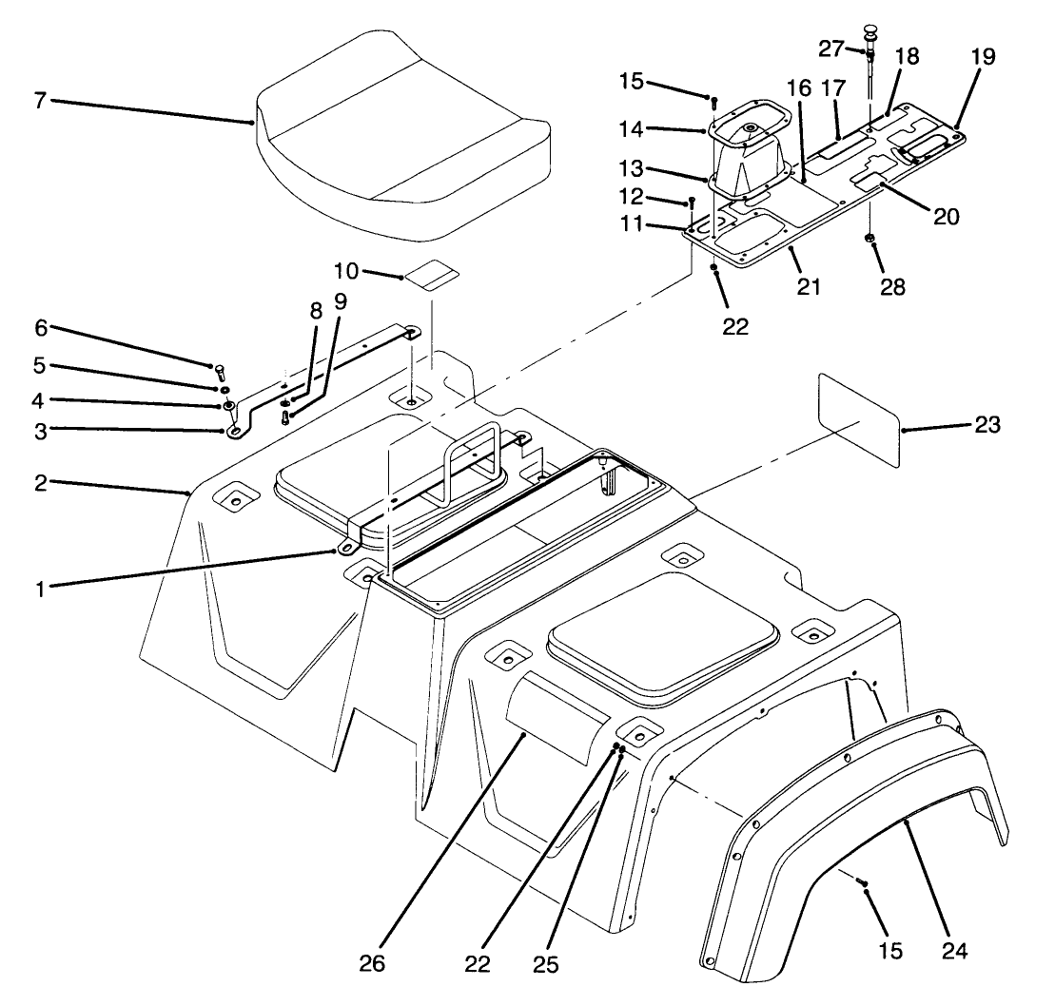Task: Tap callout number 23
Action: [987, 426]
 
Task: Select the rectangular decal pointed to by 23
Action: [859, 419]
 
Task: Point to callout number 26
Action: [373, 963]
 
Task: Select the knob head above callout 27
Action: [869, 35]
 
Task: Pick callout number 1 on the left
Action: [40, 588]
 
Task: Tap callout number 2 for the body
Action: [40, 482]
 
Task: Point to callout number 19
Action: [983, 57]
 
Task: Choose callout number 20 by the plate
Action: [945, 216]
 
